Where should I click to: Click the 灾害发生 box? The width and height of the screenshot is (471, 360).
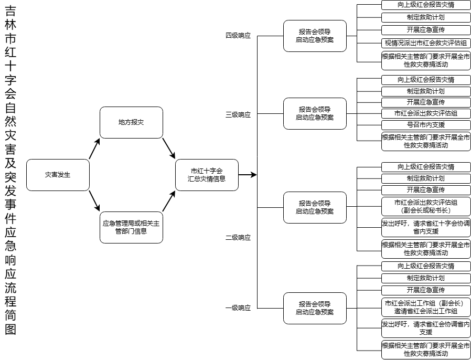[x=58, y=175]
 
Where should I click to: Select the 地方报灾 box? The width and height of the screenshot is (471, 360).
[x=131, y=123]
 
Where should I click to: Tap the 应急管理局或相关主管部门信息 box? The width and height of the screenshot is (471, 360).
[x=131, y=227]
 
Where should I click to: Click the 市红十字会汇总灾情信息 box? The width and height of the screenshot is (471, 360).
[x=207, y=175]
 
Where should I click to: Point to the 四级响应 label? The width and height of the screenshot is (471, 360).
[x=238, y=36]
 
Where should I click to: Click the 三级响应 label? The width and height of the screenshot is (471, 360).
[x=238, y=115]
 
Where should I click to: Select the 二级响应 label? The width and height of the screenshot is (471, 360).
[x=238, y=238]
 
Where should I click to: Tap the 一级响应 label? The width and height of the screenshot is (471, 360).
[x=238, y=308]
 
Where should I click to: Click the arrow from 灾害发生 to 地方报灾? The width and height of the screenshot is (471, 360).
[x=94, y=149]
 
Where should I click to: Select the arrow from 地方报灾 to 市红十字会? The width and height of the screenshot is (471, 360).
[x=169, y=149]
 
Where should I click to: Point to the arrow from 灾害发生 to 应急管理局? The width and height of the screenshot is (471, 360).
[x=94, y=201]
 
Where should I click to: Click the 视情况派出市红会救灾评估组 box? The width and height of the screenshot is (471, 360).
[x=426, y=43]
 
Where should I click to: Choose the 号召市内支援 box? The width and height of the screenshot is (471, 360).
[x=426, y=125]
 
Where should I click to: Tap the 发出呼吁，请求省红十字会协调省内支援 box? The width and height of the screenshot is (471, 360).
[x=426, y=227]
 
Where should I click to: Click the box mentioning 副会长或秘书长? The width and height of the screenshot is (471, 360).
[x=426, y=206]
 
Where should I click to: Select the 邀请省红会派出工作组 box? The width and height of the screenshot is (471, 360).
[x=426, y=307]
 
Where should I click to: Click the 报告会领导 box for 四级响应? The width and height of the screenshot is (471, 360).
[x=315, y=36]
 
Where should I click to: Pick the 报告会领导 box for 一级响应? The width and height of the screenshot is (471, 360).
[x=315, y=309]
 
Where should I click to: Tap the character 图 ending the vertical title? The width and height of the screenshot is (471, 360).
[x=10, y=330]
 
